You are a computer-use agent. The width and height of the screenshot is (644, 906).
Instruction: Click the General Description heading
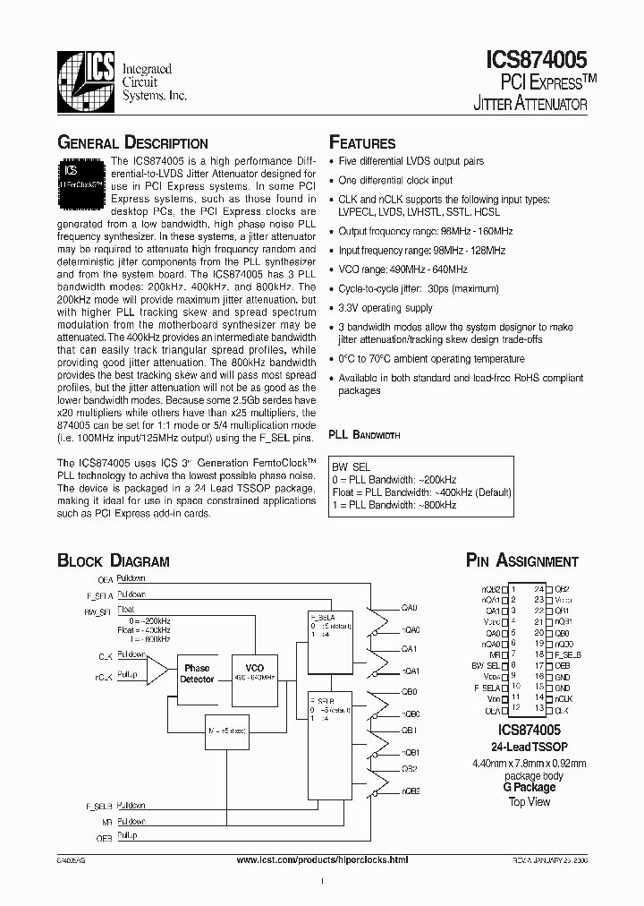pos(132,143)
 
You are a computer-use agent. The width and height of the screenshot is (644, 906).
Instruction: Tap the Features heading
pos(362,143)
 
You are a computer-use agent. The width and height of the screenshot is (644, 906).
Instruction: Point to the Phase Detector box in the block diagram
pos(197,673)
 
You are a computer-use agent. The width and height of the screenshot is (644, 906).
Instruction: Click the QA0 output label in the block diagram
pos(410,607)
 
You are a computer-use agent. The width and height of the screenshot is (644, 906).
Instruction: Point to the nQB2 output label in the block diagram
pos(411,791)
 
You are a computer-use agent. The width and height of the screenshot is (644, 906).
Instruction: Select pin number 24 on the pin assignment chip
pos(538,588)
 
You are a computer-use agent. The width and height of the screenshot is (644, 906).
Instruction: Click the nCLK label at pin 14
pos(563,697)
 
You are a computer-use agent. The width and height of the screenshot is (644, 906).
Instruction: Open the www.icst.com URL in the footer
pos(321,859)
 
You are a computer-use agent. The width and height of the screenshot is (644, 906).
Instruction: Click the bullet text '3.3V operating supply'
pos(386,308)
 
